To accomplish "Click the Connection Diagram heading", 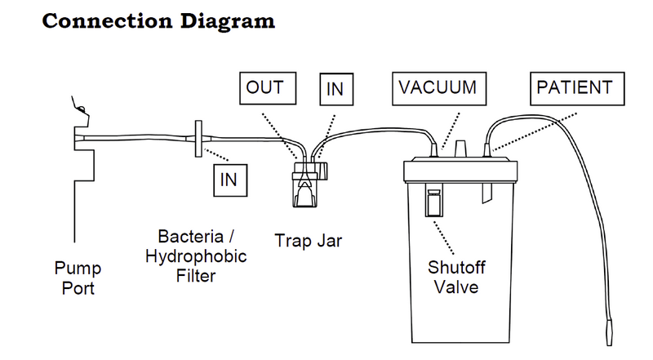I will (158, 20).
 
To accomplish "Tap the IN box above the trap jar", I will (335, 89).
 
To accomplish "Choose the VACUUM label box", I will (438, 87).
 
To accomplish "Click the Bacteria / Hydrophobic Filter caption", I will (197, 256).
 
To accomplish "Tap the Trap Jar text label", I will (308, 241).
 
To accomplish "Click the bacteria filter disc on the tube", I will (199, 140).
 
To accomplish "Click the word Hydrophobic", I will (196, 256).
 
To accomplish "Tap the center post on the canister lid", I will (461, 148).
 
